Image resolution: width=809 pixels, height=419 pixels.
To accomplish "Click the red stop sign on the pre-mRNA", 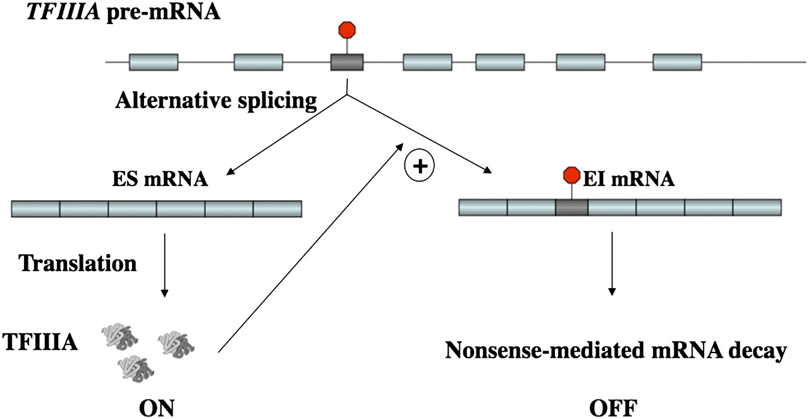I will tap(347, 30).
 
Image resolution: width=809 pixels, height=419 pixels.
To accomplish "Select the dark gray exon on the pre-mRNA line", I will tap(347, 62).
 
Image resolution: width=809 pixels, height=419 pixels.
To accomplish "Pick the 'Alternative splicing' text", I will tap(216, 100).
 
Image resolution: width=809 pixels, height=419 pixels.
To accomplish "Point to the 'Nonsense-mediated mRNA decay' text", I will tap(616, 349).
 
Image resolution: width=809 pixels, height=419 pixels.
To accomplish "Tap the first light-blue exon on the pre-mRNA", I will tap(154, 62).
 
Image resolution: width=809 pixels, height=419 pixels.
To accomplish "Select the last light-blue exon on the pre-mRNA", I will tap(677, 62).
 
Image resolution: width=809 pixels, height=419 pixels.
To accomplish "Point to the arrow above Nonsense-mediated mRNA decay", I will tap(611, 263).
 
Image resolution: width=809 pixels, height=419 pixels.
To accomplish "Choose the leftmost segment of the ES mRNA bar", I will tap(36, 208).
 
